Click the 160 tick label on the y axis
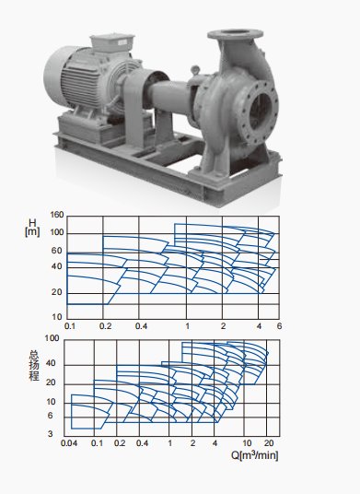click(x=57, y=215)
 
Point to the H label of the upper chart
click(x=32, y=223)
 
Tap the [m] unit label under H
click(x=32, y=232)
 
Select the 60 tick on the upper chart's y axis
click(x=57, y=251)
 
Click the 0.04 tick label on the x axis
click(x=69, y=443)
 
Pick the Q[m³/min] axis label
click(x=255, y=455)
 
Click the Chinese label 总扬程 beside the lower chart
click(x=34, y=365)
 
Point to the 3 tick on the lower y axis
click(x=51, y=434)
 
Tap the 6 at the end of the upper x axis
click(x=279, y=325)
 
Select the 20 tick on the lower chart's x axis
click(x=269, y=443)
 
